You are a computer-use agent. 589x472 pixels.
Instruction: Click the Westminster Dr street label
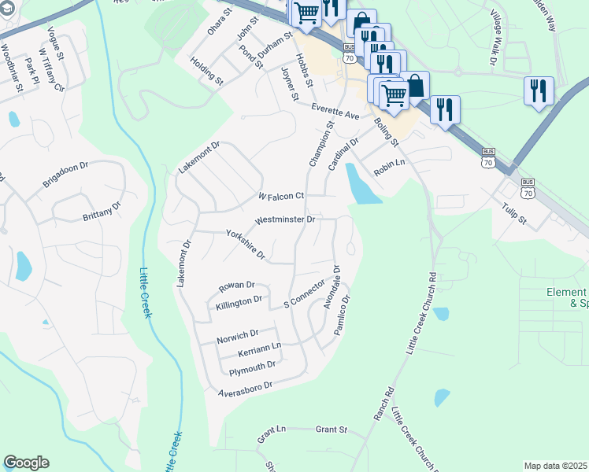click(285, 220)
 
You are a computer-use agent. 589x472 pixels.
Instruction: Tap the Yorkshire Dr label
click(246, 245)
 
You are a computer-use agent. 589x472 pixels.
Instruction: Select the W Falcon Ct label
click(281, 196)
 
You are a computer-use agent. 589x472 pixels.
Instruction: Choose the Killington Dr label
click(239, 301)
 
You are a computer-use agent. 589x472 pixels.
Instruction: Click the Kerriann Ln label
click(260, 348)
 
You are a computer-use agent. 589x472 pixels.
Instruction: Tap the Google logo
click(26, 463)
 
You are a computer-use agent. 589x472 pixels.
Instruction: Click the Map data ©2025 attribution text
click(554, 466)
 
